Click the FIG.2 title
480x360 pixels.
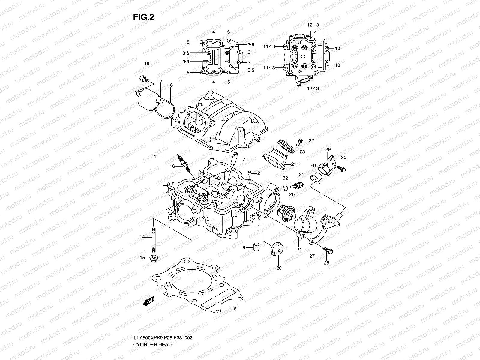coord(144,17)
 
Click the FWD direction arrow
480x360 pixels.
coord(149,301)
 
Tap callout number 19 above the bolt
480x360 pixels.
coord(146,64)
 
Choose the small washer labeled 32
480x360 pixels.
coord(285,188)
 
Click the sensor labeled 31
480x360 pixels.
coord(299,184)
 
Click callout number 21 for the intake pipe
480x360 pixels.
coord(293,164)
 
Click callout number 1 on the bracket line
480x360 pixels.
coord(155,157)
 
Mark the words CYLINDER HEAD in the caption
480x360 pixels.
coord(153,328)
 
